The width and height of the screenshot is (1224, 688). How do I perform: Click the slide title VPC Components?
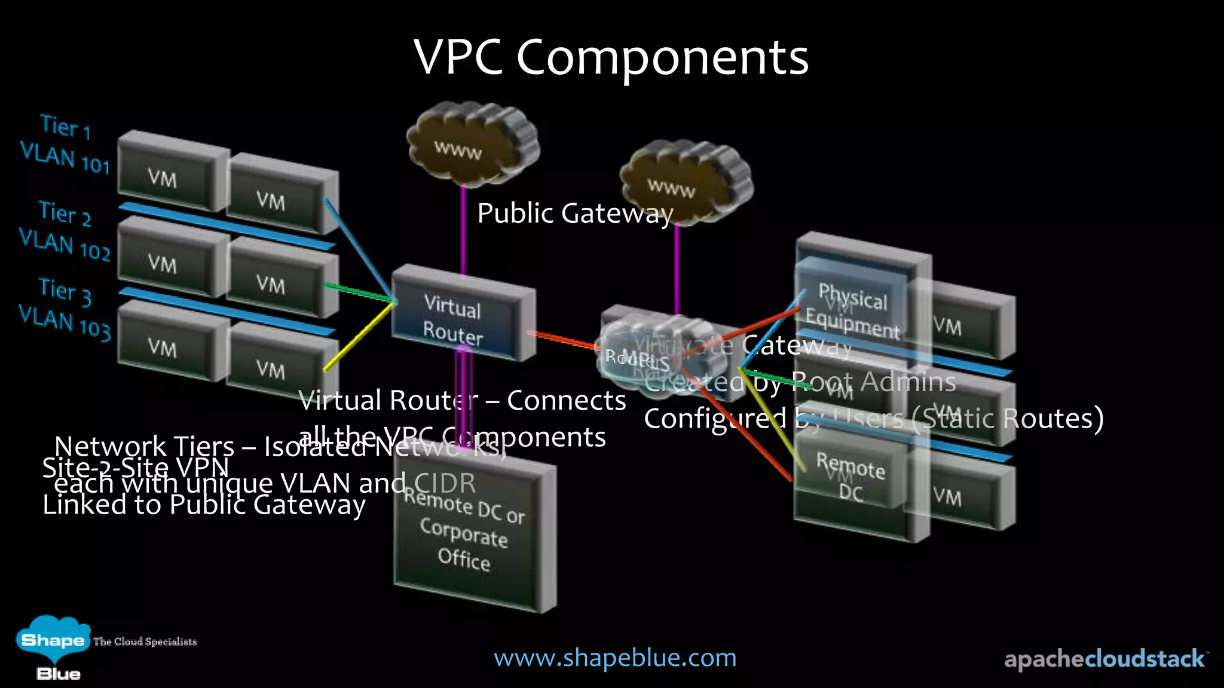click(x=611, y=57)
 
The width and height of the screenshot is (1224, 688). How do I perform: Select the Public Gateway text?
click(x=575, y=214)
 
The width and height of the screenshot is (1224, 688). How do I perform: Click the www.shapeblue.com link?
click(x=615, y=658)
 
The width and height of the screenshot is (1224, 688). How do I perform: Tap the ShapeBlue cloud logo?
click(x=53, y=642)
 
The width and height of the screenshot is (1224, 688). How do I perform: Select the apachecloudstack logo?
click(x=1104, y=659)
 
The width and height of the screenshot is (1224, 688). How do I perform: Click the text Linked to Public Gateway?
click(x=203, y=505)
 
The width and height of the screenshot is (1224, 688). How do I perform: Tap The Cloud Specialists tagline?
click(x=145, y=641)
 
